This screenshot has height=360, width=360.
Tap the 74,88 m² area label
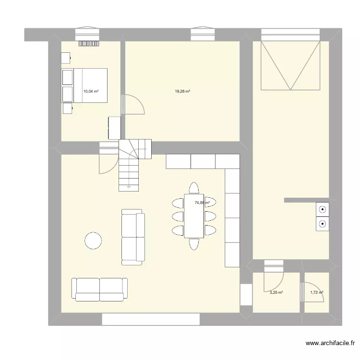(x=202, y=203)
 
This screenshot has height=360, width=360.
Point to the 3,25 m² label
(x=276, y=292)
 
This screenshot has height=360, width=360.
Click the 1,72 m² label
(x=317, y=292)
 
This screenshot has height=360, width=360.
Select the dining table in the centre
(x=194, y=216)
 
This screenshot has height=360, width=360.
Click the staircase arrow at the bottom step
(x=128, y=186)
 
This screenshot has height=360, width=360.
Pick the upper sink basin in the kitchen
(x=322, y=209)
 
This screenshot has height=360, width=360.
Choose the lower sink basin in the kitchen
(x=322, y=223)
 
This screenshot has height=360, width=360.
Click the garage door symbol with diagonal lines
(x=290, y=65)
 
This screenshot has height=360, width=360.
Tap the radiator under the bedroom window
(x=89, y=43)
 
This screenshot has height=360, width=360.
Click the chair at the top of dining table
(x=194, y=188)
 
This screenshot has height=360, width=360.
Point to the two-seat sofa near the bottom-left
(x=100, y=289)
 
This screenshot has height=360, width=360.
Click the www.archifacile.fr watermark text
(x=330, y=344)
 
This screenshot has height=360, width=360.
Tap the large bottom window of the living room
(x=151, y=319)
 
